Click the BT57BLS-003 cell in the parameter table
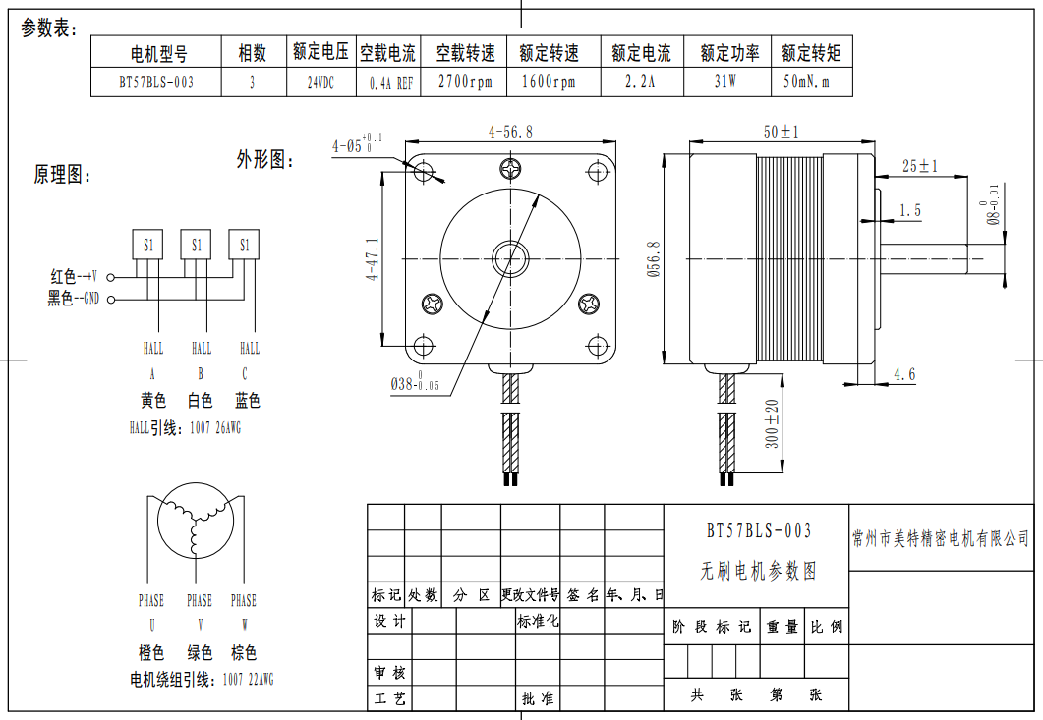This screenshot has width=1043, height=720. coord(155,83)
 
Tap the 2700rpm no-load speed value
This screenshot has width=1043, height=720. coord(464,83)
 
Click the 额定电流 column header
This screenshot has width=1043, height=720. coord(641,52)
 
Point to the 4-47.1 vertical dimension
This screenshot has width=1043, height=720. coord(373,258)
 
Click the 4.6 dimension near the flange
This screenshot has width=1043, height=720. coord(904,374)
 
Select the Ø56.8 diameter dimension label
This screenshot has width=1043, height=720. coord(652,259)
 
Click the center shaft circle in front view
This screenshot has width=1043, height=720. coord(510,258)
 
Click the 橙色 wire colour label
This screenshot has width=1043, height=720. coord(150,652)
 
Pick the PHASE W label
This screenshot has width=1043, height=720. coord(243,600)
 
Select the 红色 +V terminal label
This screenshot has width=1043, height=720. coord(73,277)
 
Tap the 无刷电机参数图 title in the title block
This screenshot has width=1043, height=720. coord(758,570)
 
